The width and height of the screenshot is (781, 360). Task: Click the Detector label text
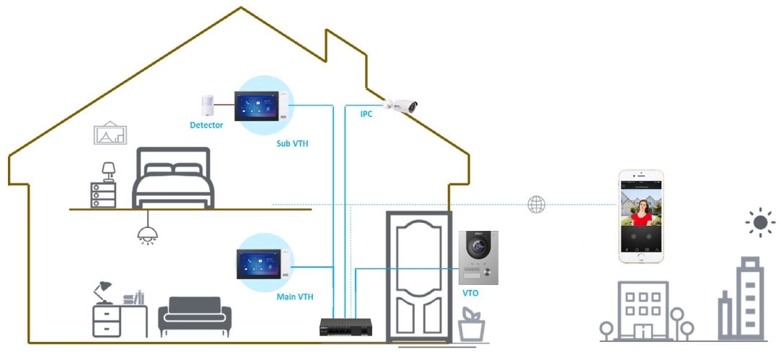pos(206,125)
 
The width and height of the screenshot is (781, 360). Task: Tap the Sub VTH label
pos(292,144)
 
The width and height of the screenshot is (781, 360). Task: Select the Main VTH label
pos(295,297)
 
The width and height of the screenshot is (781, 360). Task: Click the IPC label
pos(366,114)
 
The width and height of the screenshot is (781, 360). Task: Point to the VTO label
pos(469,293)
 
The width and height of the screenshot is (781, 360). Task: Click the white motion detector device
pos(207,106)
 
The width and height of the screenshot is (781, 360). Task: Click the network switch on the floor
pos(345,328)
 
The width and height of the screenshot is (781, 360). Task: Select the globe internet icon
pos(537,204)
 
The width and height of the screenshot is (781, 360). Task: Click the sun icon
pos(761,222)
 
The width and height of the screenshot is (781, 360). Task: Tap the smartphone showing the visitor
pos(641,216)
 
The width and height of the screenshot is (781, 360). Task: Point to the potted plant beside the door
pos(471,325)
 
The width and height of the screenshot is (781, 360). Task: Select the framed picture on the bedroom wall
pos(110,133)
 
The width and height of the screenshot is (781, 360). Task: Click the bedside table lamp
pos(109,171)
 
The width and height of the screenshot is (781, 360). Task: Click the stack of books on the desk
pos(134,298)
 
